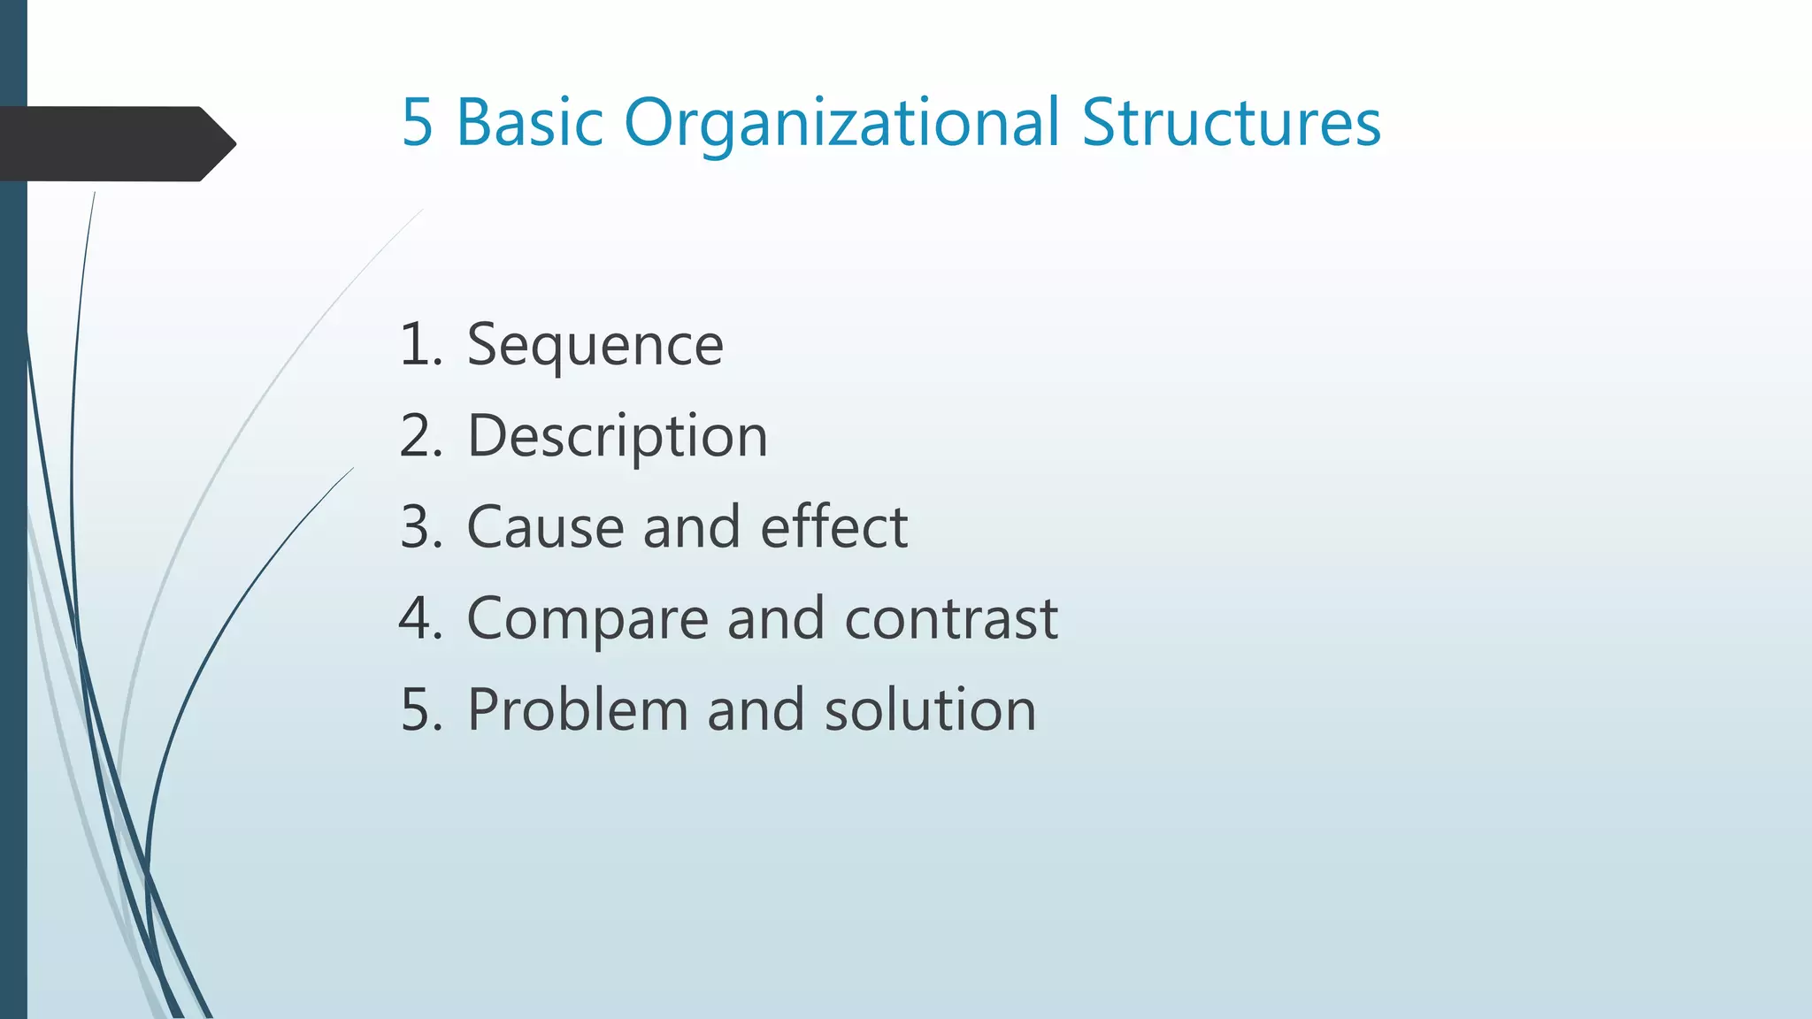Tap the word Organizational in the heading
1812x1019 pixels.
point(841,124)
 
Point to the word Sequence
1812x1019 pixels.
point(595,345)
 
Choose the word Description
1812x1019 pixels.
point(617,437)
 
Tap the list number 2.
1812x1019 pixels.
point(420,436)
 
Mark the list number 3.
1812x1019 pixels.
point(420,527)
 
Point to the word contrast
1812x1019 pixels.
point(951,618)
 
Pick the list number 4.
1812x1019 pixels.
point(420,618)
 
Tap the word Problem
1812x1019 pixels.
point(578,709)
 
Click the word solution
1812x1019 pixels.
point(930,709)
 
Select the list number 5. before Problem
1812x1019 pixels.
point(420,709)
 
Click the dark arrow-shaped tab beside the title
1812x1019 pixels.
point(115,143)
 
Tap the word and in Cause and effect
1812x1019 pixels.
point(691,527)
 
